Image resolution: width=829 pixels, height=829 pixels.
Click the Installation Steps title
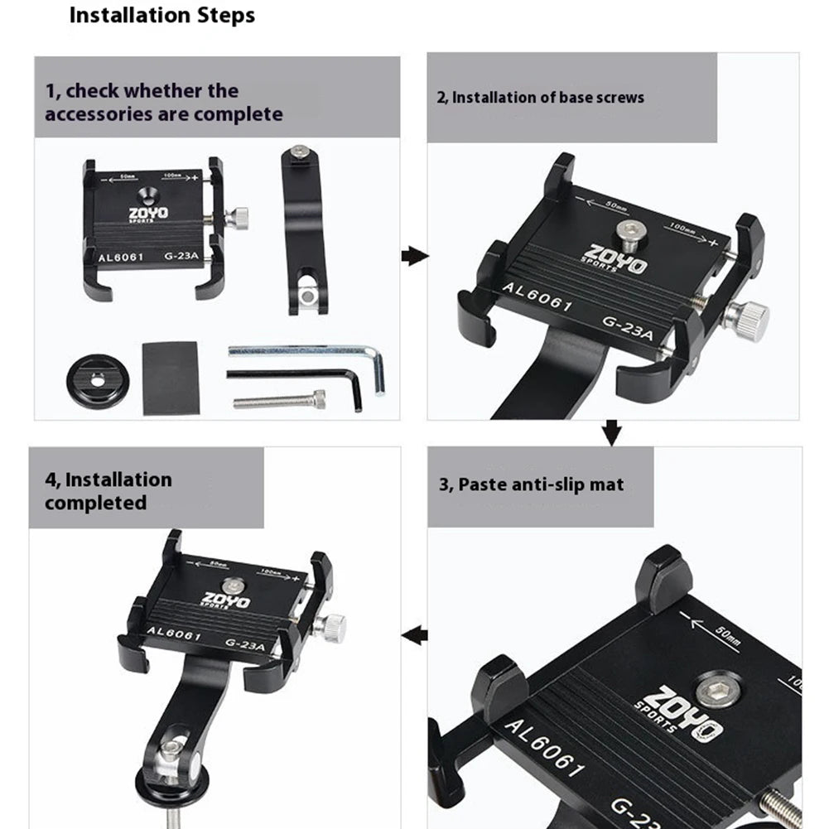[161, 15]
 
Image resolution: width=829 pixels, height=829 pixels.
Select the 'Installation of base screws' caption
[540, 98]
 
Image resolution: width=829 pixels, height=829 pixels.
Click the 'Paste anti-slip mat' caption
[531, 484]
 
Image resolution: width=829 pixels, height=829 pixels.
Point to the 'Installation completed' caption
[108, 491]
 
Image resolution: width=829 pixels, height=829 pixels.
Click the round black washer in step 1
[97, 380]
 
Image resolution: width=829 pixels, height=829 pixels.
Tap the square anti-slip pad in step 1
[170, 378]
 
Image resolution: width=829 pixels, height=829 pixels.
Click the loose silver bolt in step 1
[279, 401]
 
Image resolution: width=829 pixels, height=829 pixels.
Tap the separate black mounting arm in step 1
[306, 229]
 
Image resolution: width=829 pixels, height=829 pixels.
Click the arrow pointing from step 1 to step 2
[414, 256]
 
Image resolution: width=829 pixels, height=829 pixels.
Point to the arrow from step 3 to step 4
[414, 636]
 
